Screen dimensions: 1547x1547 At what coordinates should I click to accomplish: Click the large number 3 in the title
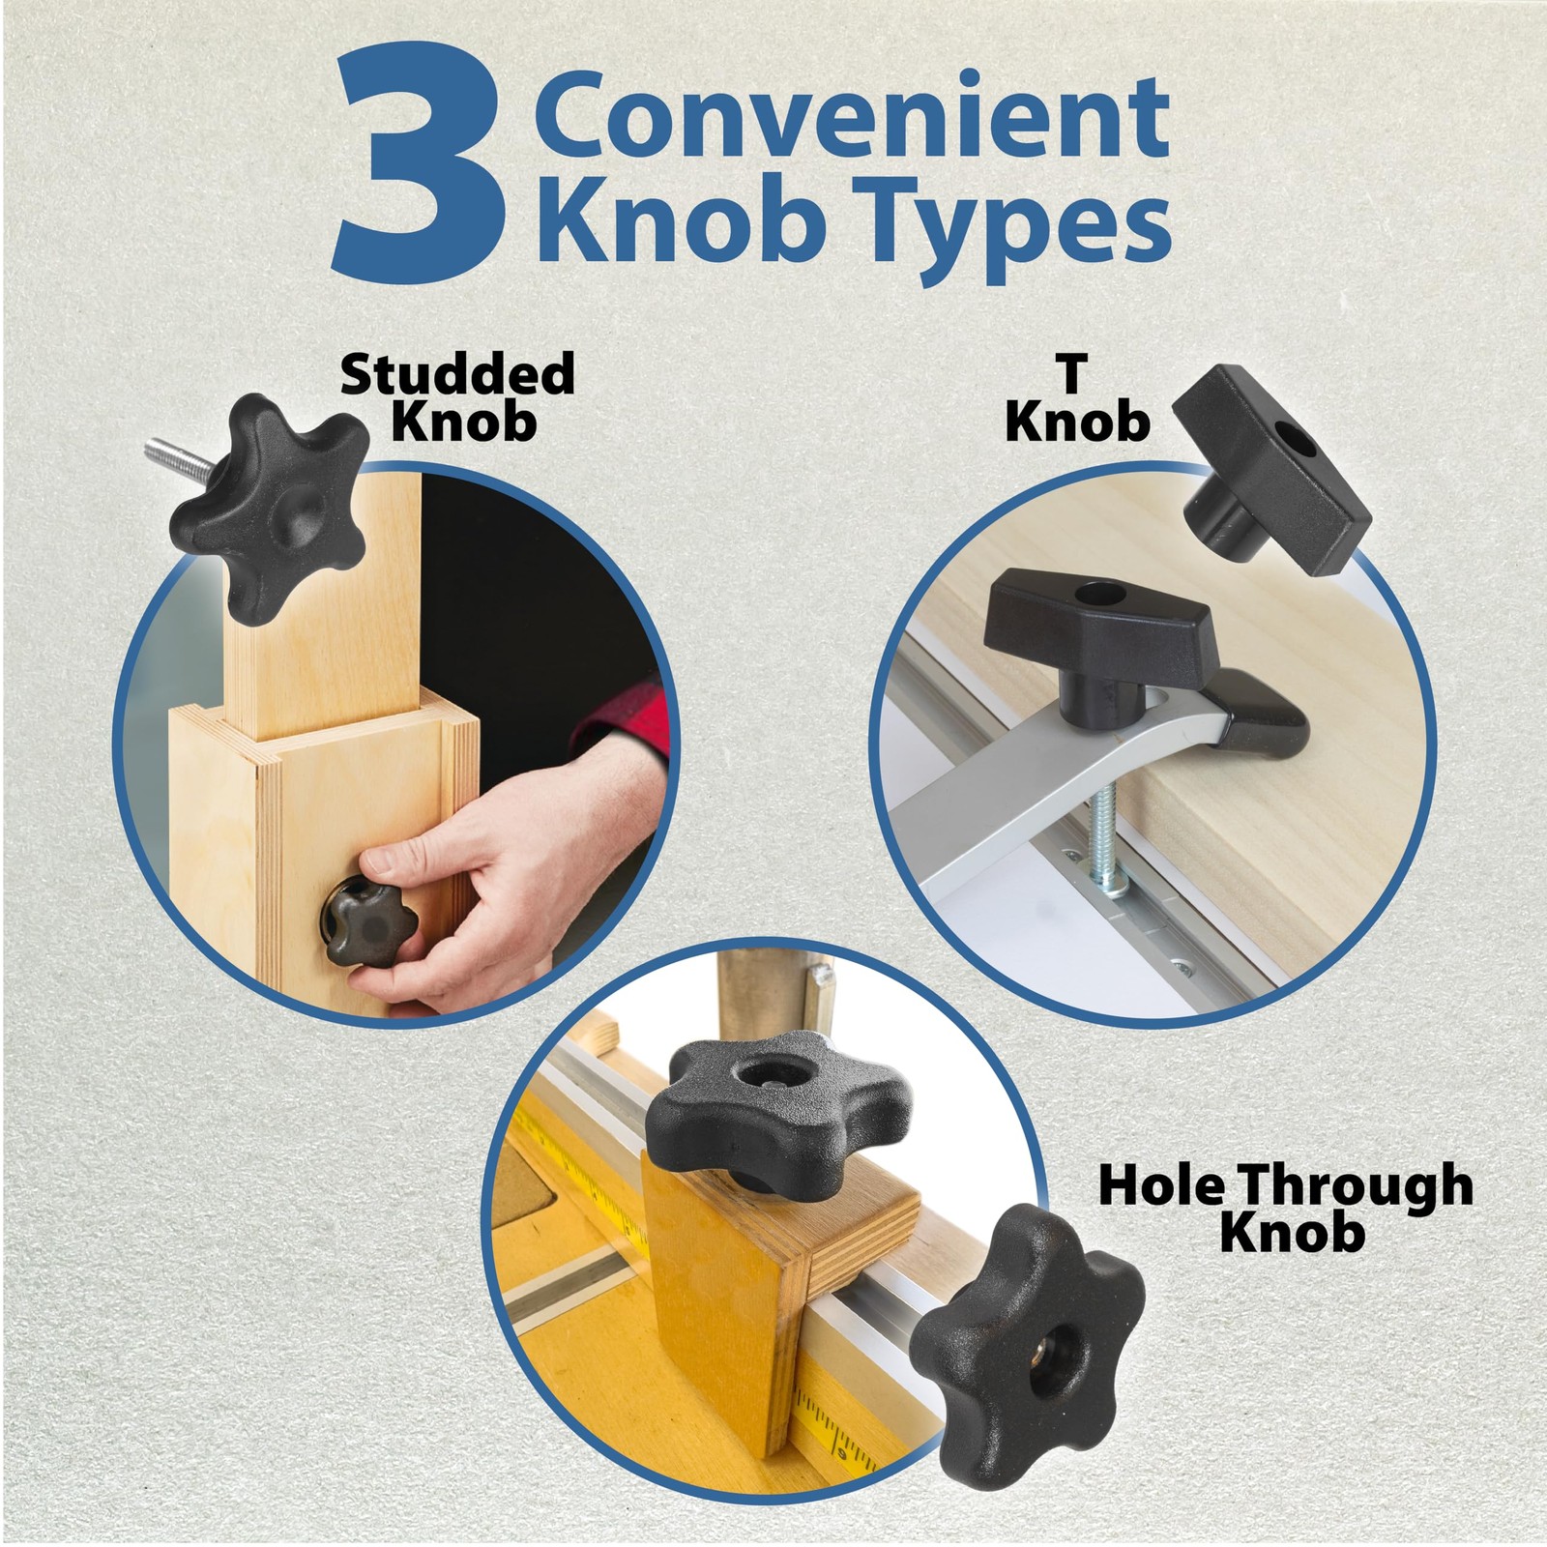pos(420,165)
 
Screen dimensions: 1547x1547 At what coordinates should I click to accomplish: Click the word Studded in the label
pos(458,373)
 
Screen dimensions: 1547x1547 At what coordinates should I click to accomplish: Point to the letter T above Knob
pos(1071,374)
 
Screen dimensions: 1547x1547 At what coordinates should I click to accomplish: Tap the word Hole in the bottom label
pos(1159,1185)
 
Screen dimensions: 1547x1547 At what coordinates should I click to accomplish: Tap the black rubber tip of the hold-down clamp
pos(1259,719)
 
